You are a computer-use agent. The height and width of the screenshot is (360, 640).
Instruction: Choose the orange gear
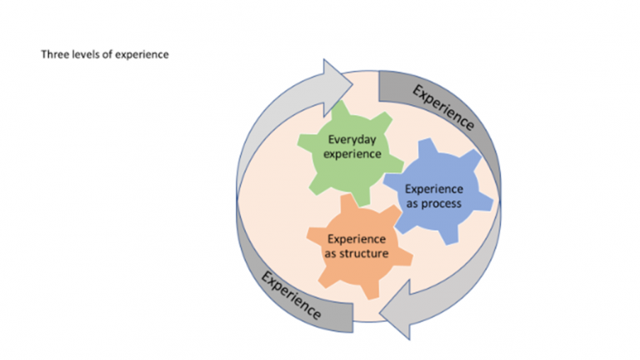358,267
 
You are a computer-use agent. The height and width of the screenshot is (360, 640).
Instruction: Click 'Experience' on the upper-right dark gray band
443,107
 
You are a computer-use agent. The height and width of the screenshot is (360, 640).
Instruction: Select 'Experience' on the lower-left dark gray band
291,295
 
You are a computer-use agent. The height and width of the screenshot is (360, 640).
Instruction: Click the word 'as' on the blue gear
412,202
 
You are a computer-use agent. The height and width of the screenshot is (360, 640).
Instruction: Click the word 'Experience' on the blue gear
433,188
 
